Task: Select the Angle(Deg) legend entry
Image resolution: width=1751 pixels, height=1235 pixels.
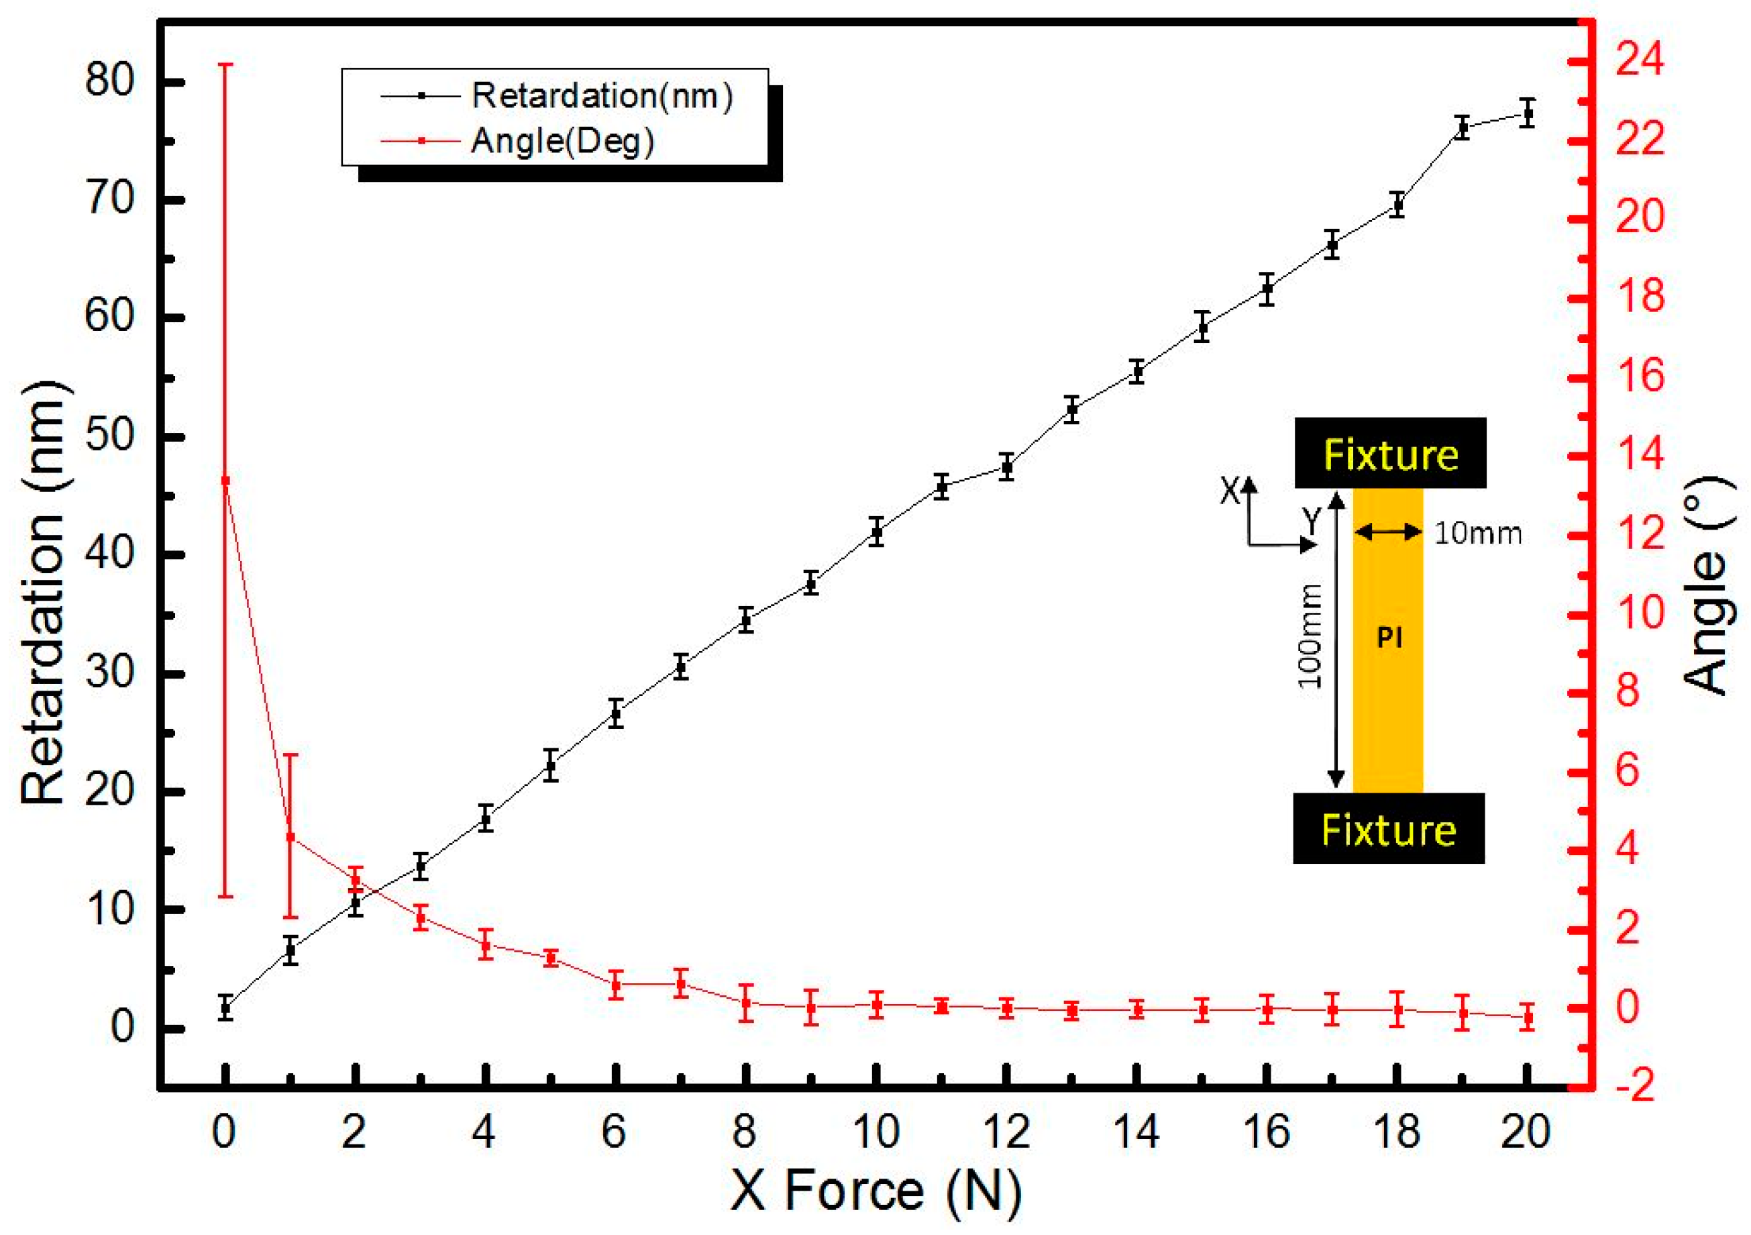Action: (x=562, y=141)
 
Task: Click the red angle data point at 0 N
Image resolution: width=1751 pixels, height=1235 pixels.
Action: (x=225, y=480)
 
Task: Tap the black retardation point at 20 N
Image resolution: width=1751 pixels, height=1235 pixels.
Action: (x=1527, y=113)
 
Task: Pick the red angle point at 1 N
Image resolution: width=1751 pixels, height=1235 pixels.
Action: (x=290, y=837)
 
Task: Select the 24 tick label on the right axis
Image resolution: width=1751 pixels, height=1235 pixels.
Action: (x=1640, y=60)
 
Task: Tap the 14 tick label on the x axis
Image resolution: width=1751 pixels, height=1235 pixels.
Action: (x=1136, y=1132)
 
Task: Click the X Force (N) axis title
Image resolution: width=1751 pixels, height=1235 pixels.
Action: (x=875, y=1191)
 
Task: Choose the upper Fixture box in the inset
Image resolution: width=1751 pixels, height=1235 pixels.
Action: (x=1389, y=454)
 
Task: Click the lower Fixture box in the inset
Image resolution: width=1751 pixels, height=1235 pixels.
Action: (x=1388, y=829)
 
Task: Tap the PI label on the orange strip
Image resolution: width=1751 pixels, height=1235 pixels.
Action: (x=1389, y=637)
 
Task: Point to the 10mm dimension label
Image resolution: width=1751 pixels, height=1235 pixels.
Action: (x=1477, y=533)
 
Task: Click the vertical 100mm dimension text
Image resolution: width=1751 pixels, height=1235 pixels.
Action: (x=1310, y=636)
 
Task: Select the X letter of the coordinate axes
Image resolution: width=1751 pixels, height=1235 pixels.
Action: (x=1229, y=491)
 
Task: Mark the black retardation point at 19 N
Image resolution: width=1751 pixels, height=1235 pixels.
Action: (x=1462, y=128)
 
